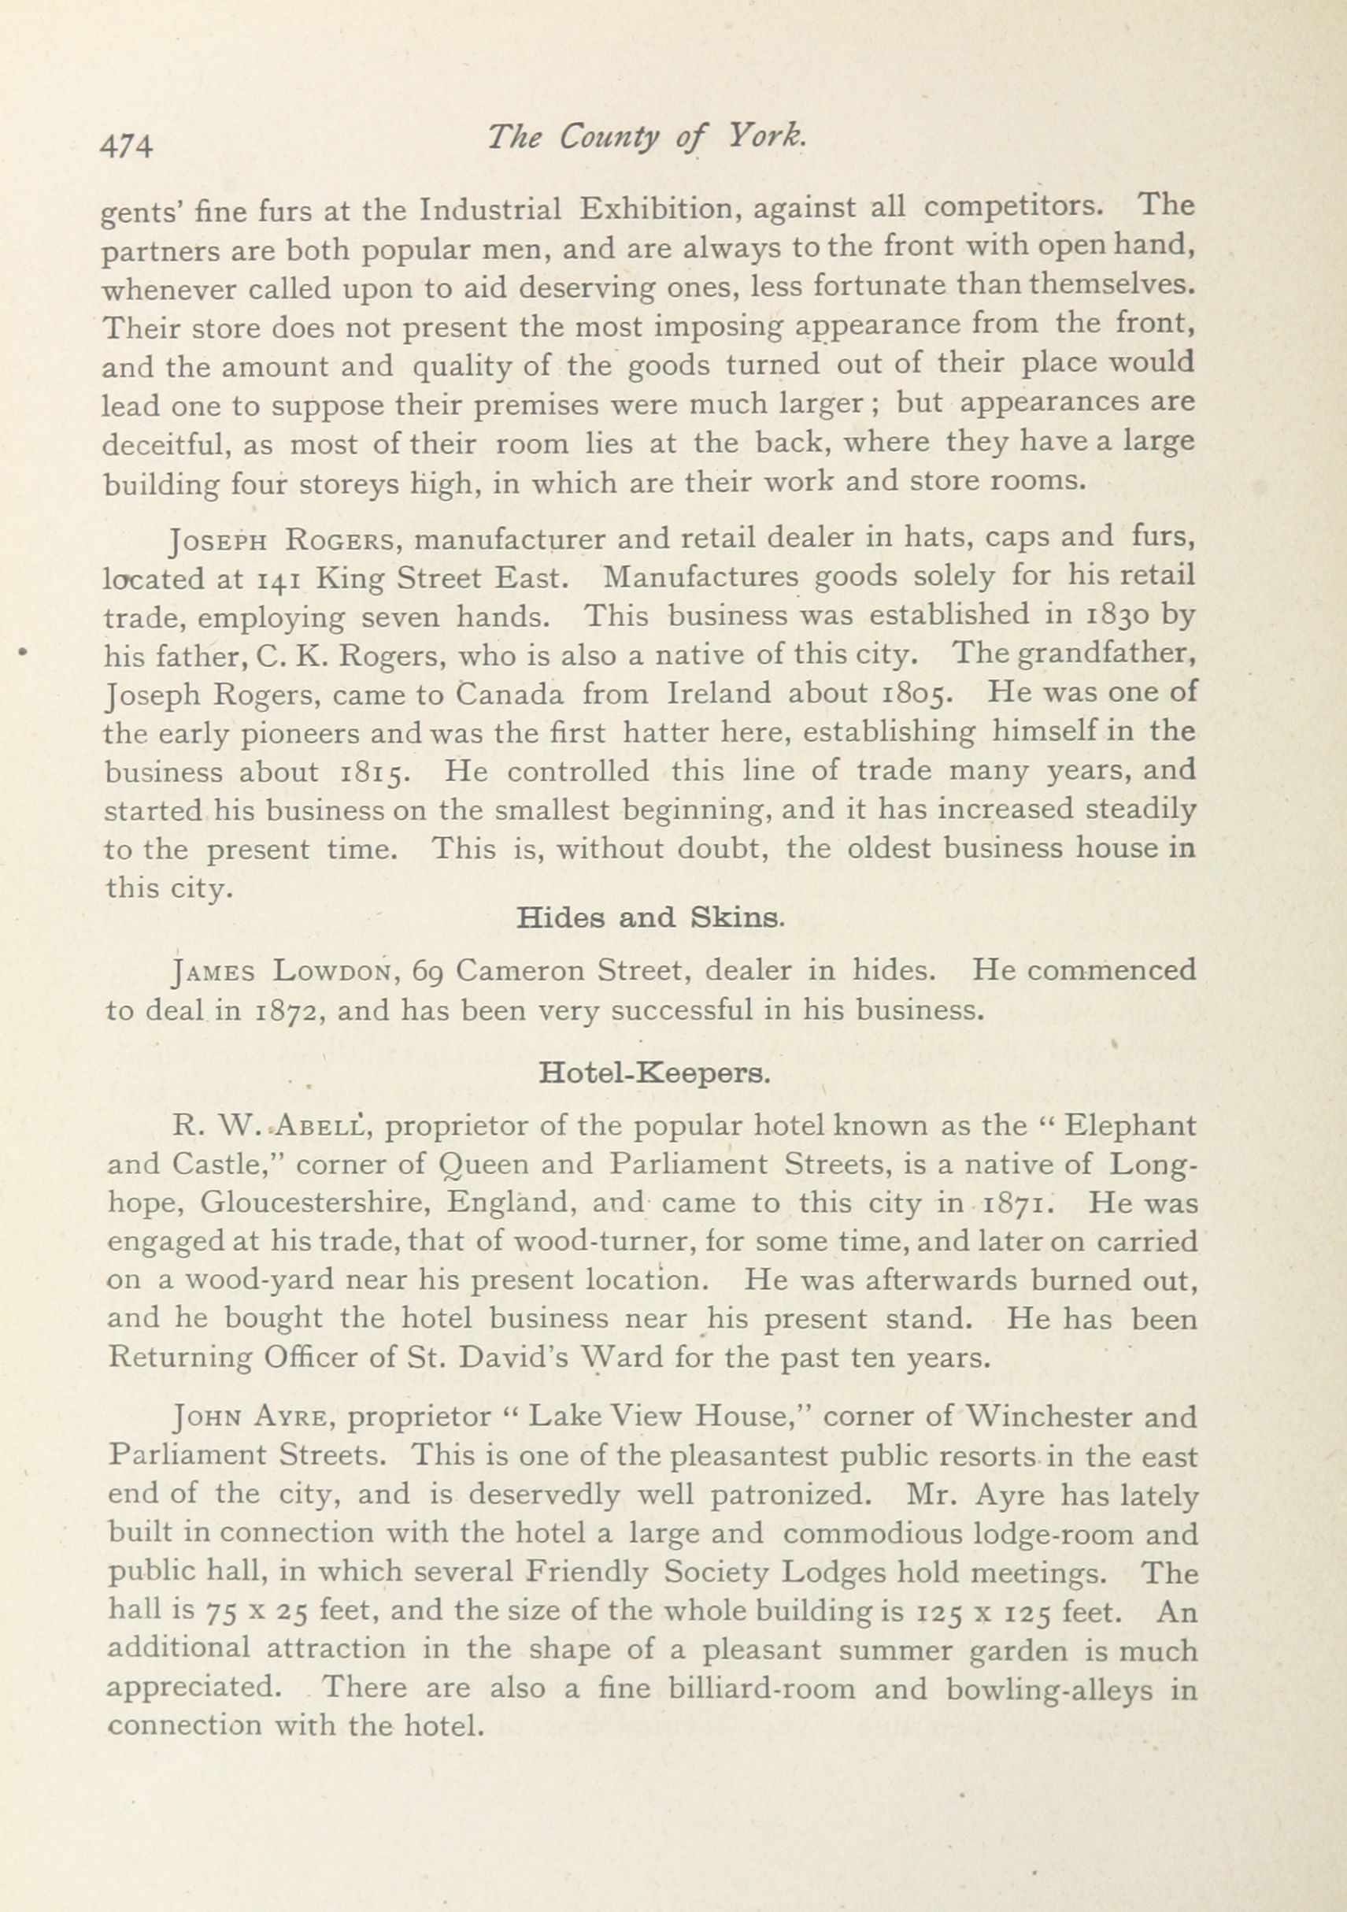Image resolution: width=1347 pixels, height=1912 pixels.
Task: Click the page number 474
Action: click(127, 145)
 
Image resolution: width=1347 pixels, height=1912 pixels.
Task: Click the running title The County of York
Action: click(647, 137)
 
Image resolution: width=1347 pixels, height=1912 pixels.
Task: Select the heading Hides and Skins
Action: click(649, 917)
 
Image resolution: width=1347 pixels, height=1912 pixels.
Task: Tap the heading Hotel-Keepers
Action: click(654, 1073)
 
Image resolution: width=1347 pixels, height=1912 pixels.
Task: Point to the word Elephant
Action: click(1131, 1127)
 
